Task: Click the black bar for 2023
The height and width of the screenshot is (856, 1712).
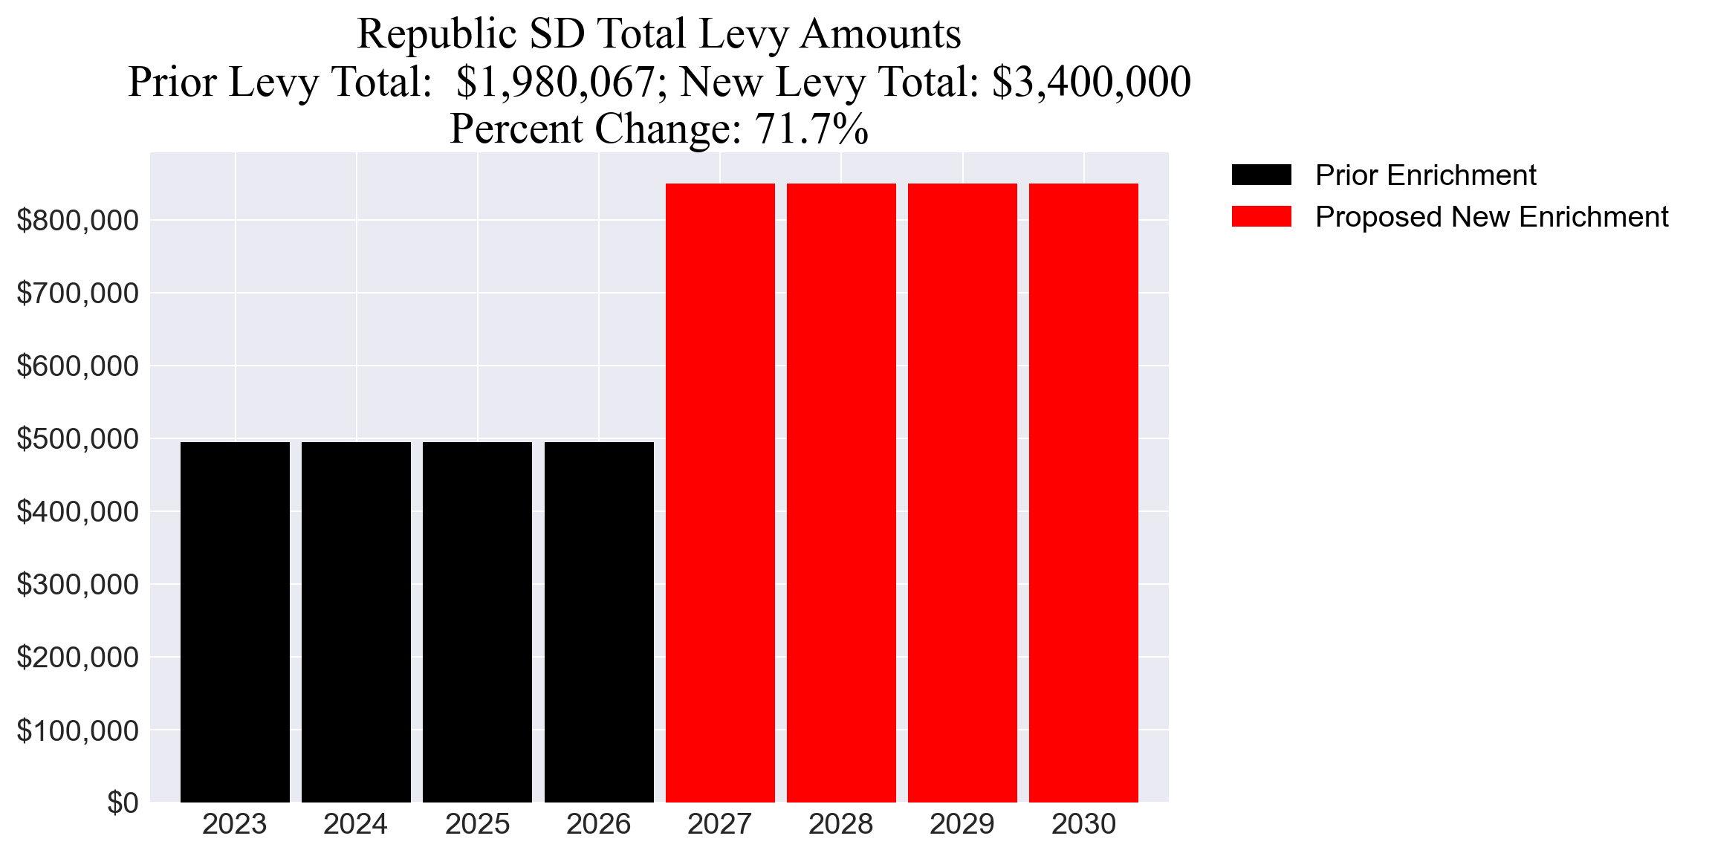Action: click(235, 622)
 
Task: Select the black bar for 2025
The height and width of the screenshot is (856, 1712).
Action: click(477, 622)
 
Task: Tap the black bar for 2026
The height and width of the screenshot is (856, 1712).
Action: click(599, 622)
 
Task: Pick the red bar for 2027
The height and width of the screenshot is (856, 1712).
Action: click(720, 493)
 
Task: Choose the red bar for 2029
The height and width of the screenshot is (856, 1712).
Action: click(962, 493)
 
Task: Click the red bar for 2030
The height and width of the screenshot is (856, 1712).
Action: click(1083, 493)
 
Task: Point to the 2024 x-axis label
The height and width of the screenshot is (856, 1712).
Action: click(355, 825)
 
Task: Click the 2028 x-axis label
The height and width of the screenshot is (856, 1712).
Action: click(840, 825)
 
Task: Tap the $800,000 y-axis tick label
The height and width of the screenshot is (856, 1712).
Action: click(77, 221)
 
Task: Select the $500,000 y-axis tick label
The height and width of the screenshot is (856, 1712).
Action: click(77, 439)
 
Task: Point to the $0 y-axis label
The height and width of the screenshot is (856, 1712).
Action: click(123, 803)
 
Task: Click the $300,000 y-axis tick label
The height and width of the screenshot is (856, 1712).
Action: click(77, 585)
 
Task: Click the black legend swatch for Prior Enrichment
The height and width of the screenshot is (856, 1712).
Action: click(1261, 175)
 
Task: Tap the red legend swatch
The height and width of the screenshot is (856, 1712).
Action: click(1261, 217)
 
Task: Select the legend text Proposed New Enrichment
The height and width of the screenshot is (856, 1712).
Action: click(1491, 217)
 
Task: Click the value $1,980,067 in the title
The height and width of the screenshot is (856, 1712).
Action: click(555, 82)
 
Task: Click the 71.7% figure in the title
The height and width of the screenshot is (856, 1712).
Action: click(811, 129)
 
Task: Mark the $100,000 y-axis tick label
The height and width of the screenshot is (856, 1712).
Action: click(77, 731)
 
